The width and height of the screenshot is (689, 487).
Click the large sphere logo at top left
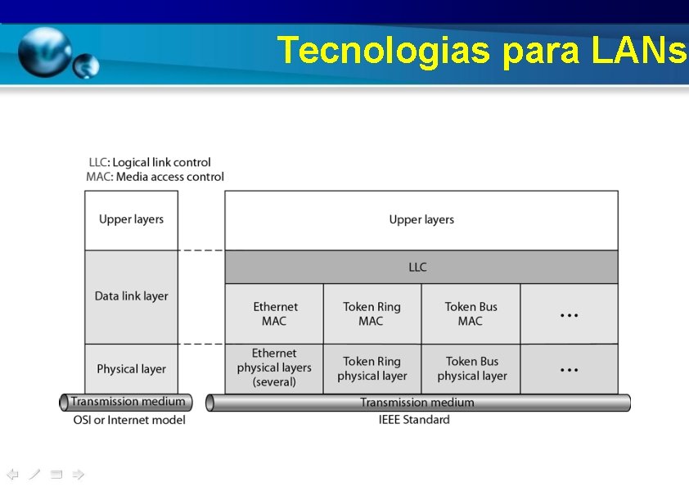(x=46, y=52)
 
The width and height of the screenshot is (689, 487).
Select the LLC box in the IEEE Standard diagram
(x=421, y=267)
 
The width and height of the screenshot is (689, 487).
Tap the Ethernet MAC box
(x=274, y=313)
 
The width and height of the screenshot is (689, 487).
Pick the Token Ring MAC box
(x=372, y=313)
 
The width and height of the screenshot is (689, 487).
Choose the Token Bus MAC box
(x=471, y=313)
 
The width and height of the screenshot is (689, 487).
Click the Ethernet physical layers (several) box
(x=274, y=368)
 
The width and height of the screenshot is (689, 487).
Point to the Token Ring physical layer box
(x=372, y=368)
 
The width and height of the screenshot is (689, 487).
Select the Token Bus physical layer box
(x=471, y=368)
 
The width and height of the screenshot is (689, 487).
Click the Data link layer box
(x=131, y=296)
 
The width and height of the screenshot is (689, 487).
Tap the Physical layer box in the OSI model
(x=131, y=369)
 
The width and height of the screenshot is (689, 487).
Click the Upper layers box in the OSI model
(x=131, y=219)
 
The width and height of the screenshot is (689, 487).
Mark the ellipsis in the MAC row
(x=569, y=314)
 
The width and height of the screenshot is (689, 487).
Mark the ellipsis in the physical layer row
(x=569, y=369)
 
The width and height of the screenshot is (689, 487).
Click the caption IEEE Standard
(x=414, y=420)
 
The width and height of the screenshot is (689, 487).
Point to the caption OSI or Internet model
(x=128, y=420)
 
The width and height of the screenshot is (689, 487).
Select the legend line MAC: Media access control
(x=155, y=177)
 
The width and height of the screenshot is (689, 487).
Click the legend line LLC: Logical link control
(x=150, y=162)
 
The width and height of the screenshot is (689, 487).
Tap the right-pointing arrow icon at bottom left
(x=78, y=474)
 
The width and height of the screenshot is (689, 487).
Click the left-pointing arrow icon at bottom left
(x=12, y=474)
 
